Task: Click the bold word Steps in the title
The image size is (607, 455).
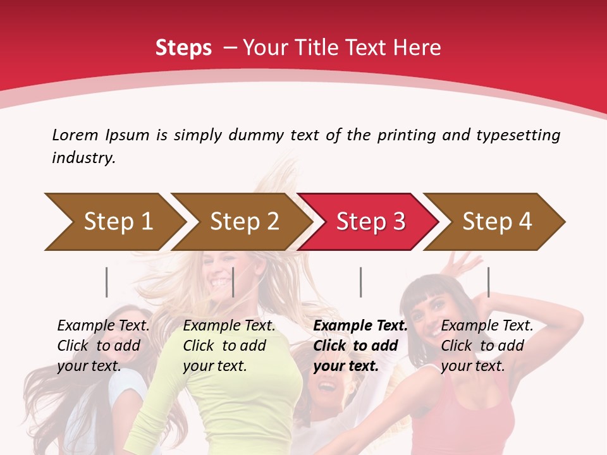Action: tap(183, 48)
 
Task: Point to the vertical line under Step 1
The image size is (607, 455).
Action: tap(107, 282)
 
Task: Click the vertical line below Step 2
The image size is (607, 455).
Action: tap(233, 282)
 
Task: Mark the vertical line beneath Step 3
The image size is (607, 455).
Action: tap(360, 282)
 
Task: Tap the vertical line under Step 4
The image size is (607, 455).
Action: tap(488, 282)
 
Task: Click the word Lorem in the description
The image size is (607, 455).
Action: tap(75, 135)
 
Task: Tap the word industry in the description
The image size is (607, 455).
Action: tap(83, 158)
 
